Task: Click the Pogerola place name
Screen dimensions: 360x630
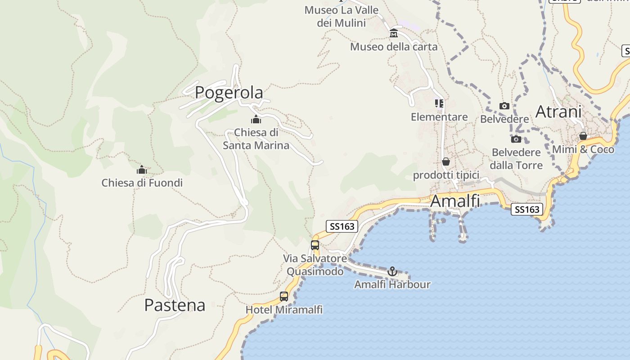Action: (x=229, y=93)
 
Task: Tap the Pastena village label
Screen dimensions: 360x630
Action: (x=175, y=305)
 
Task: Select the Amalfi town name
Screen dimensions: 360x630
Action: (x=455, y=201)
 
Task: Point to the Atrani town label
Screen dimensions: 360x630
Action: (x=558, y=112)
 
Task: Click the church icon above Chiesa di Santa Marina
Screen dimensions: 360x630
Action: (x=256, y=120)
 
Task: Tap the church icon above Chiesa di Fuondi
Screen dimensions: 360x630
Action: (x=142, y=170)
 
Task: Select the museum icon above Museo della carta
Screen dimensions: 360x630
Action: (x=394, y=33)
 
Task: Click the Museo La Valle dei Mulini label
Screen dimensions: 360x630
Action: (x=341, y=16)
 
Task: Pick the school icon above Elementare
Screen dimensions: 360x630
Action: (x=439, y=104)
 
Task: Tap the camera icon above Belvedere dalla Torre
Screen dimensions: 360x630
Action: (x=516, y=139)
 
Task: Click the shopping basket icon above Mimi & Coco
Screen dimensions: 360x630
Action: (x=583, y=136)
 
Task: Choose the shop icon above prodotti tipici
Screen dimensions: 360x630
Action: (x=446, y=162)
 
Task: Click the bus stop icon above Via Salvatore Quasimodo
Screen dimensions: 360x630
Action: (x=315, y=245)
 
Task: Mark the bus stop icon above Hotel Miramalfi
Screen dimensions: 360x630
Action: (x=284, y=297)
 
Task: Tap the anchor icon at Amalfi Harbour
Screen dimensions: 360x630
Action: (x=392, y=271)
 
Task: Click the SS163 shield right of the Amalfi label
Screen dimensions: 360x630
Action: (x=526, y=209)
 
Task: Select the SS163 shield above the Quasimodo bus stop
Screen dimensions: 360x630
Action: (x=342, y=226)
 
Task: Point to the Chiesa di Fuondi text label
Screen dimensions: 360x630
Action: (x=142, y=183)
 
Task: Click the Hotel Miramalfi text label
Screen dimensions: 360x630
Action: (x=284, y=310)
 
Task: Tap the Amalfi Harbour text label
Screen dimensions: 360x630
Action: (x=392, y=284)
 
